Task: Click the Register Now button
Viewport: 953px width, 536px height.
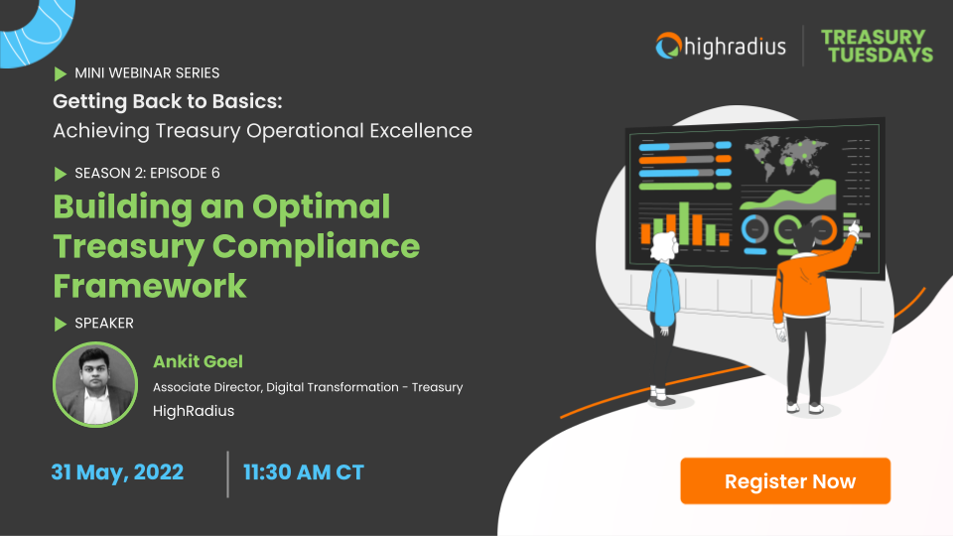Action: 789,481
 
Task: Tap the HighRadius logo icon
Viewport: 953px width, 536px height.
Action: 668,45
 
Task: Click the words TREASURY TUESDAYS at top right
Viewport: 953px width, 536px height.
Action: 877,46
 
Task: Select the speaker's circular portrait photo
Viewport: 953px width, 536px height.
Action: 94,385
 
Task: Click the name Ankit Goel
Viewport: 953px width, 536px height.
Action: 199,361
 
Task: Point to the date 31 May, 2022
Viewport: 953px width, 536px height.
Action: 117,472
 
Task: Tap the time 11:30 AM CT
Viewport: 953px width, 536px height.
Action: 304,472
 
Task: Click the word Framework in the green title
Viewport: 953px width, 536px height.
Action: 149,285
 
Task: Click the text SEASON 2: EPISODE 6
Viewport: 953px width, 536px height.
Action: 147,173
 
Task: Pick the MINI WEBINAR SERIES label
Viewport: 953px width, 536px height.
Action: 147,73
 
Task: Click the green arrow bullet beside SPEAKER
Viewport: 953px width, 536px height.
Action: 61,323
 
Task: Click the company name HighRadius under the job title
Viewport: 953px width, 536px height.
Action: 194,410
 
